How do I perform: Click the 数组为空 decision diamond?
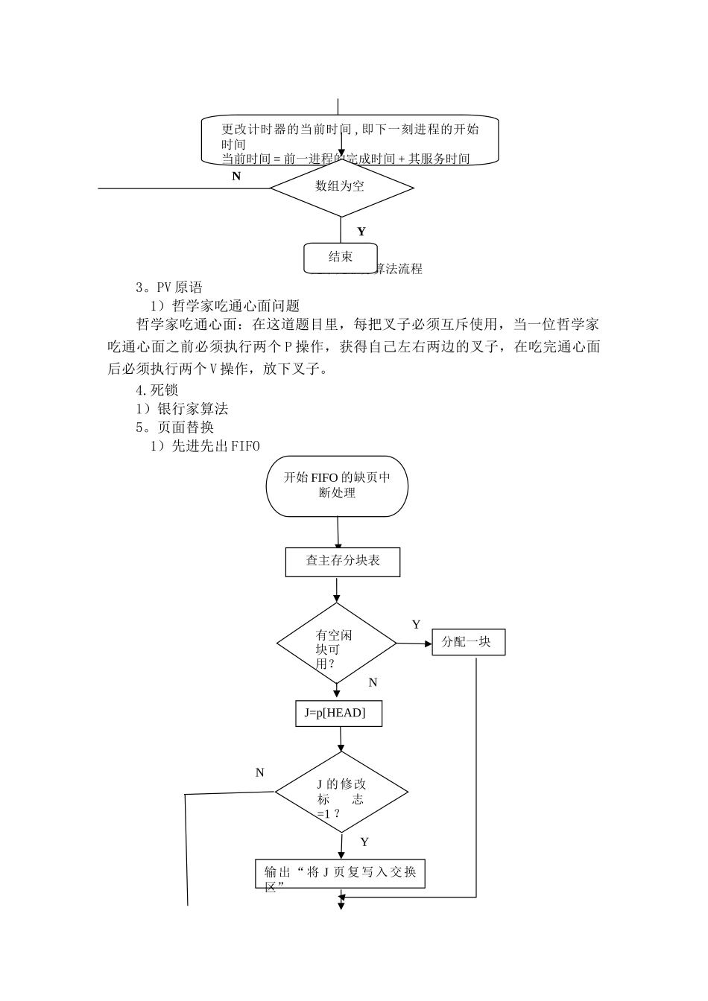point(341,187)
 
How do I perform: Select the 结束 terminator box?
point(341,258)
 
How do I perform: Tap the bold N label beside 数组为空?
point(236,177)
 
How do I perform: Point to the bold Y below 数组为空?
point(361,232)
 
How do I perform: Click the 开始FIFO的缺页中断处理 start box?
point(337,486)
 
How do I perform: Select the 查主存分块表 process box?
point(343,562)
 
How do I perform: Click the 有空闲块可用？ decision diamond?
point(336,644)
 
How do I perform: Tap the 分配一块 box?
point(468,642)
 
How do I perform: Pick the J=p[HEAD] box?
point(339,714)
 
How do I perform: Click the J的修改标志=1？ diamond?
point(341,793)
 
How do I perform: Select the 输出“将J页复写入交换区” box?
point(340,874)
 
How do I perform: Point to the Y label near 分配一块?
point(416,625)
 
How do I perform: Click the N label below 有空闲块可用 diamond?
point(373,682)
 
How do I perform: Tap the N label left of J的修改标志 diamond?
point(259,773)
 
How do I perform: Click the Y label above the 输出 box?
point(364,842)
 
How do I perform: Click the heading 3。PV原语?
point(169,287)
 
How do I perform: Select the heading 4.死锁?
point(157,390)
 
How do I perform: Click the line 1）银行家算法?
point(182,409)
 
